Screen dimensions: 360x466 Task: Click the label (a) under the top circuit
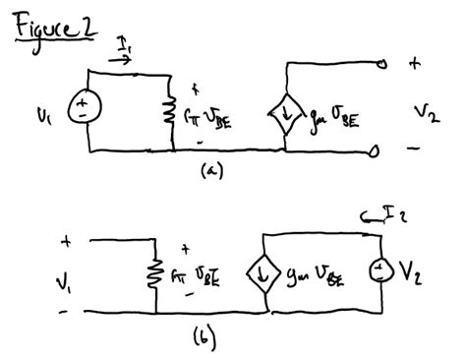click(209, 170)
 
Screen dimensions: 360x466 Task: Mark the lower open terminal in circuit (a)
click(376, 151)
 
